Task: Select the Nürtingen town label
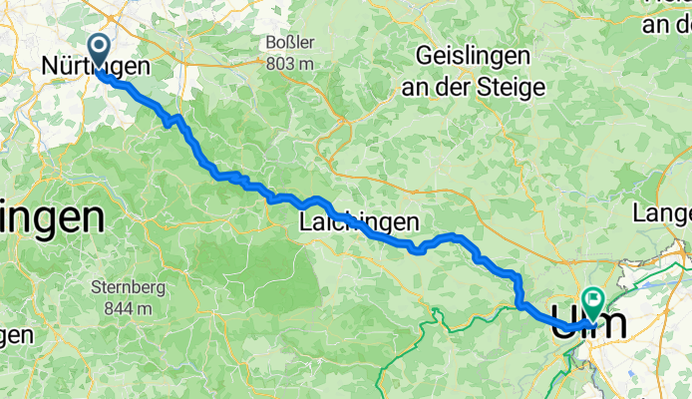coord(96,67)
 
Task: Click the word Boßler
coord(290,42)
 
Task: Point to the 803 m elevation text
coord(290,62)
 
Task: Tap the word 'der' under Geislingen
coord(462,87)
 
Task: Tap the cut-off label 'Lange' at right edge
coord(663,212)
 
